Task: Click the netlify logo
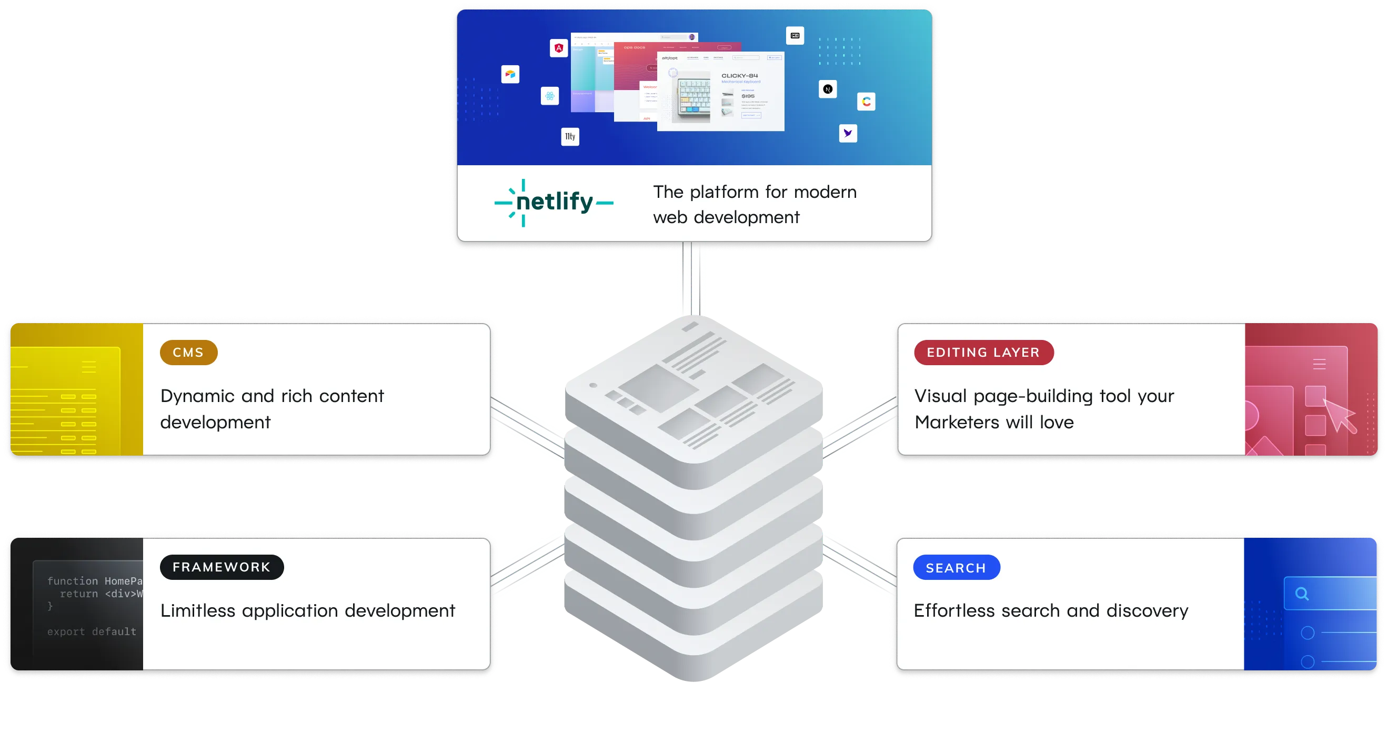pyautogui.click(x=554, y=203)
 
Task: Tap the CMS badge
pyautogui.click(x=188, y=353)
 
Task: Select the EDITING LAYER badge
pyautogui.click(x=983, y=353)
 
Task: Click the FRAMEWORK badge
pyautogui.click(x=222, y=567)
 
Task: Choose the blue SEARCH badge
pyautogui.click(x=956, y=567)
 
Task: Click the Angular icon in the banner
pyautogui.click(x=559, y=48)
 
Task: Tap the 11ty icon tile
pyautogui.click(x=570, y=137)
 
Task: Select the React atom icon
pyautogui.click(x=550, y=96)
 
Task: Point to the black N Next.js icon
pyautogui.click(x=828, y=89)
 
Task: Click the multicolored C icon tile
pyautogui.click(x=866, y=101)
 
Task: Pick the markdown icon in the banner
pyautogui.click(x=795, y=36)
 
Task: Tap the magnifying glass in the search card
pyautogui.click(x=1302, y=594)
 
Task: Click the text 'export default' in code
pyautogui.click(x=92, y=631)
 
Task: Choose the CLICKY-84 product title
pyautogui.click(x=739, y=76)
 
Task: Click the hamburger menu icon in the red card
pyautogui.click(x=1319, y=365)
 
